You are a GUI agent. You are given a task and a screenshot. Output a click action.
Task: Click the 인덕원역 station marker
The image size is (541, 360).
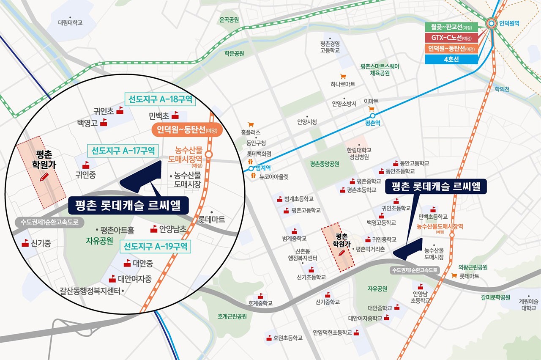[492, 24]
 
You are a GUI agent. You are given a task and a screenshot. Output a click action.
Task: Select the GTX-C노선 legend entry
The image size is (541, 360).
[451, 38]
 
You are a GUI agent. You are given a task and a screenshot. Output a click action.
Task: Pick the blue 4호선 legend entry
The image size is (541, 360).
[451, 59]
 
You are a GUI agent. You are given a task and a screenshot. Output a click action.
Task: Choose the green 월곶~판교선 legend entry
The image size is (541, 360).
[451, 27]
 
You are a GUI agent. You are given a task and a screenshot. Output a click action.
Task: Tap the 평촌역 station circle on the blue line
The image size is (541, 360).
[372, 115]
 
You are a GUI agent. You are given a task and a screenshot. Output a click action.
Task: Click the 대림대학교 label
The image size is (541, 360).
[70, 22]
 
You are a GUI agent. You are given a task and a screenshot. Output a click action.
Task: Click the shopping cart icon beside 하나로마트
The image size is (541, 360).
[343, 77]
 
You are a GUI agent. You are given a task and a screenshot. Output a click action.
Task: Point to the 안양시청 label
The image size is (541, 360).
[307, 122]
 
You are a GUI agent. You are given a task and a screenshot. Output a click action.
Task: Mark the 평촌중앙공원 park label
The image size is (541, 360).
[324, 164]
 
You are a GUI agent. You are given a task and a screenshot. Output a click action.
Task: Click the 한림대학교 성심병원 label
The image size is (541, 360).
[359, 154]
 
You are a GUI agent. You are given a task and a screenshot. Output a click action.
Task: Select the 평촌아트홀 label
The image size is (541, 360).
[117, 231]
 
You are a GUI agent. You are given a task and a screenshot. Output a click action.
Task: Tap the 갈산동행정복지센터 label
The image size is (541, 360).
[90, 291]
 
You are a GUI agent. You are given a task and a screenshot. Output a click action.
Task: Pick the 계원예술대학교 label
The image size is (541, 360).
[528, 305]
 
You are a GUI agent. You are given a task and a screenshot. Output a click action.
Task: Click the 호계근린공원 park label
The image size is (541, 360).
[232, 316]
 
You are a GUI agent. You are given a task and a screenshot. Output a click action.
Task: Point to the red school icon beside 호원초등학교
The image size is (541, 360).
[269, 338]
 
